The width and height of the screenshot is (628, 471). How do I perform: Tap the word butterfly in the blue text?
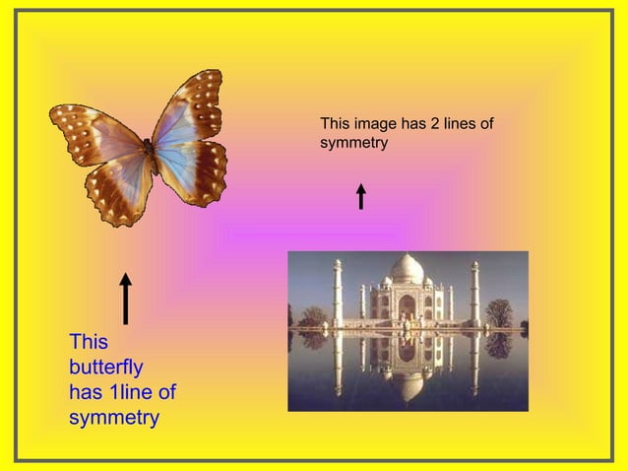coord(106,368)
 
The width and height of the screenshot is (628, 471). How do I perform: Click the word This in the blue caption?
coord(89,342)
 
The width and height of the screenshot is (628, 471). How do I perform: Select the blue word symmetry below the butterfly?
coord(114,418)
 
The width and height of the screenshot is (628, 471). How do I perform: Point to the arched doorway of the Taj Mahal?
coord(407,307)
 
